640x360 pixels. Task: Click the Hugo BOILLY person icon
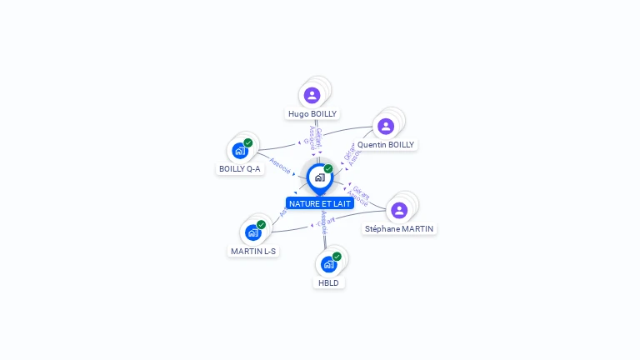click(x=312, y=95)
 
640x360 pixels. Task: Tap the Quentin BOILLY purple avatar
click(x=385, y=126)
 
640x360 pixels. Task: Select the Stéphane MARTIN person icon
click(x=399, y=210)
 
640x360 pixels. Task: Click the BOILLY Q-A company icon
click(x=239, y=151)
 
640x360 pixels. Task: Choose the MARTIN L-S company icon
click(x=252, y=232)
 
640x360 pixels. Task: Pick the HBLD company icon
click(x=328, y=264)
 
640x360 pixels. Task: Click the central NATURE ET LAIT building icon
click(x=319, y=177)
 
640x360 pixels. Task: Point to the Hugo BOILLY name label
click(x=312, y=113)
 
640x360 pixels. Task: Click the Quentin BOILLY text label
click(x=386, y=144)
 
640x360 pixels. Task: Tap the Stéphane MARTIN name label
click(x=399, y=228)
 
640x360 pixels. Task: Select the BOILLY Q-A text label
click(x=240, y=168)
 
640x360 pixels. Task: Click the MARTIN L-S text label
click(x=253, y=251)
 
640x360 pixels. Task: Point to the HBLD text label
click(x=328, y=282)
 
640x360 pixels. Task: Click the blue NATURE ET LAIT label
click(x=320, y=203)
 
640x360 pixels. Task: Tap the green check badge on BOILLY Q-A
click(x=248, y=142)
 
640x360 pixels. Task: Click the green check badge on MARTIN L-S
click(x=262, y=224)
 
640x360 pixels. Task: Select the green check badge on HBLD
click(x=337, y=256)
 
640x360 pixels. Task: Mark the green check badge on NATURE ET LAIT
click(x=328, y=168)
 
